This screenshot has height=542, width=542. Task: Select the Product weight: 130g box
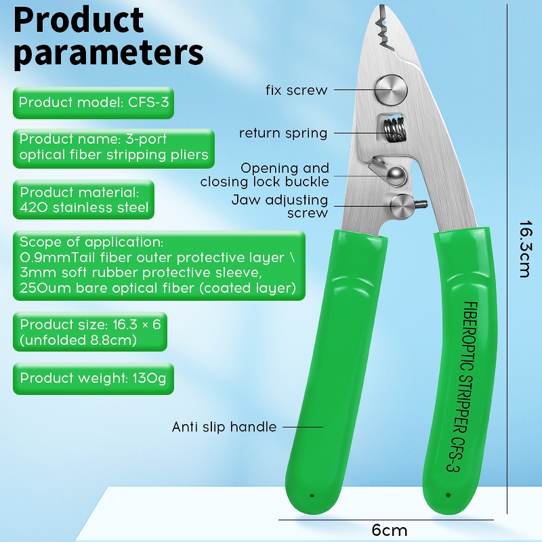93,378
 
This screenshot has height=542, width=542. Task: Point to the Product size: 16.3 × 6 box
89,332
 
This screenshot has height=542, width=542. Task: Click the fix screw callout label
296,90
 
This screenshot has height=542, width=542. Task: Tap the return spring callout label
283,133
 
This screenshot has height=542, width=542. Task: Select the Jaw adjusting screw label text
280,207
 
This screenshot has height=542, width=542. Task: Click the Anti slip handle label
224,427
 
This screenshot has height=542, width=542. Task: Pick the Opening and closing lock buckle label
265,175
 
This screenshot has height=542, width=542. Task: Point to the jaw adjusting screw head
402,206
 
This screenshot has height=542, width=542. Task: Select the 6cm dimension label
390,530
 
